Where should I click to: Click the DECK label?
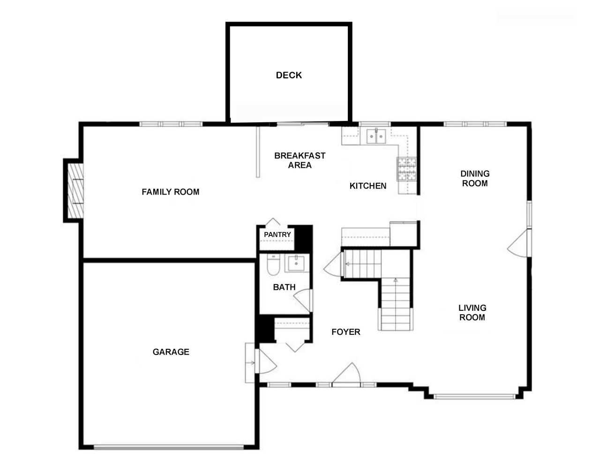pos(289,75)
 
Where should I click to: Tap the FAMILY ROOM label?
pos(170,192)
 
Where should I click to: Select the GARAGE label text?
pos(171,352)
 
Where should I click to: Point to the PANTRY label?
pos(277,234)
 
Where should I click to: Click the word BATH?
pos(284,287)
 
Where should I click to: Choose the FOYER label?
pos(346,332)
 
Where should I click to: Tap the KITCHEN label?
pos(368,186)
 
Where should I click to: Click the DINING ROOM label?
pos(475,179)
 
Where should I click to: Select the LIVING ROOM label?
pos(472,312)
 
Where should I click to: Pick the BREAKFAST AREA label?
pos(300,160)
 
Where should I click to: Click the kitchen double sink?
pos(376,136)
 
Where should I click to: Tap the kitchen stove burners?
pos(407,169)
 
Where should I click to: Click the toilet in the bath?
pos(273,264)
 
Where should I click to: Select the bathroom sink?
pos(296,264)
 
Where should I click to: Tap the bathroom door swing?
pos(303,301)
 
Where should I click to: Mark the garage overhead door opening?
pos(169,447)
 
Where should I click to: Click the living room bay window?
pos(474,396)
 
